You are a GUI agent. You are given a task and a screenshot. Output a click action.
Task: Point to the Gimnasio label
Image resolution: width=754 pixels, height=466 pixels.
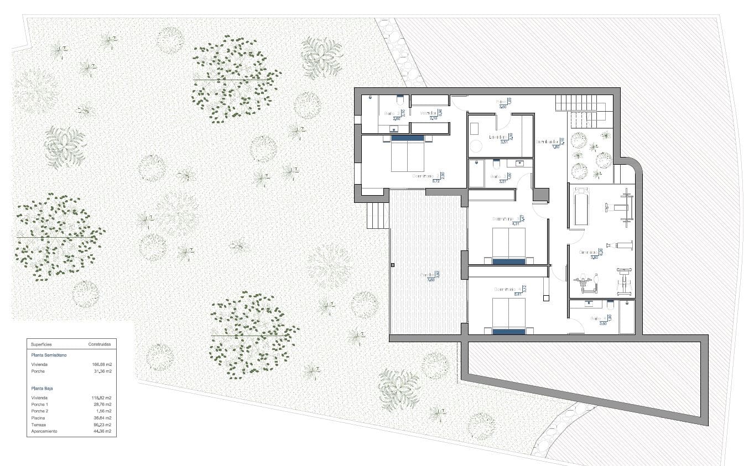pos(588,252)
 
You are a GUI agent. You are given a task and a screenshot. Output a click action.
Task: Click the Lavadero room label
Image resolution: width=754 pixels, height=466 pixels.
pos(498,137)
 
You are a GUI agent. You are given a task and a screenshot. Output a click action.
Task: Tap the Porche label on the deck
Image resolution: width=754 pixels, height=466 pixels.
pos(427,275)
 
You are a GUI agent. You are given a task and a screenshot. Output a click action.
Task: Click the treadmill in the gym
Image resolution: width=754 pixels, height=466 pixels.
pos(579,208)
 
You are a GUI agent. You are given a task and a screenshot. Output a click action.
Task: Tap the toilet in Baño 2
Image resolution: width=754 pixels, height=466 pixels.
pos(399,100)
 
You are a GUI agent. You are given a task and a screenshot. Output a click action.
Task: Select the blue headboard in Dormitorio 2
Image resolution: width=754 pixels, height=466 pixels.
pos(408,138)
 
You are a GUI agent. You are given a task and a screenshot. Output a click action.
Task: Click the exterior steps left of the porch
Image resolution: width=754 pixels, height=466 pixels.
pos(378,214)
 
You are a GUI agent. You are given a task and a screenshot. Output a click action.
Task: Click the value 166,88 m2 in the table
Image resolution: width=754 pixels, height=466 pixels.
pos(102,365)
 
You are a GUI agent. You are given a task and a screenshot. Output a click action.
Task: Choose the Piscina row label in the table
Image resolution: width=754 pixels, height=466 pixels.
pos(39,418)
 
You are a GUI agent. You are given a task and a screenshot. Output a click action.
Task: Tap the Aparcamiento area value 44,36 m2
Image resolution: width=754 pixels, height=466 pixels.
pos(102,431)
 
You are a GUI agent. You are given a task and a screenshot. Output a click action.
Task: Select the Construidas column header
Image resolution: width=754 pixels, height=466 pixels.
pos(100,344)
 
